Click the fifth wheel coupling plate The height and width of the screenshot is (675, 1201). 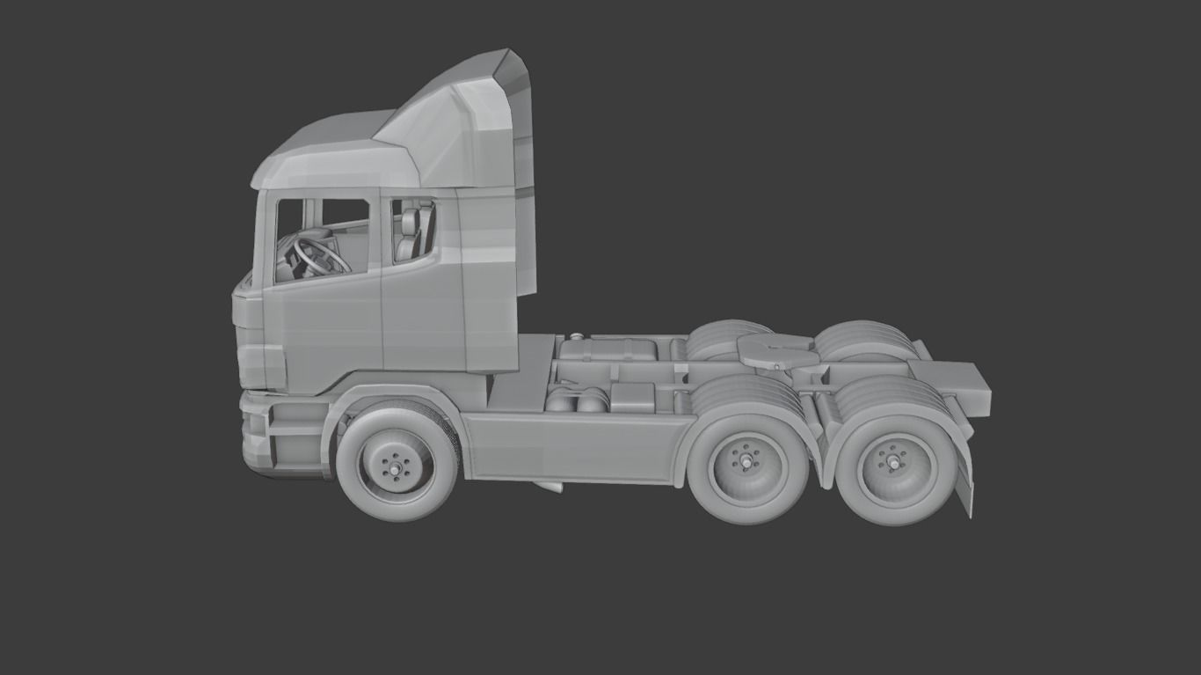774,351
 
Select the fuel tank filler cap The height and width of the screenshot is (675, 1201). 576,336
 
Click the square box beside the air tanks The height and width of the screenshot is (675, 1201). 632,397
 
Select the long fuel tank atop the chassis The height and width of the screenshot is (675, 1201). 607,349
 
